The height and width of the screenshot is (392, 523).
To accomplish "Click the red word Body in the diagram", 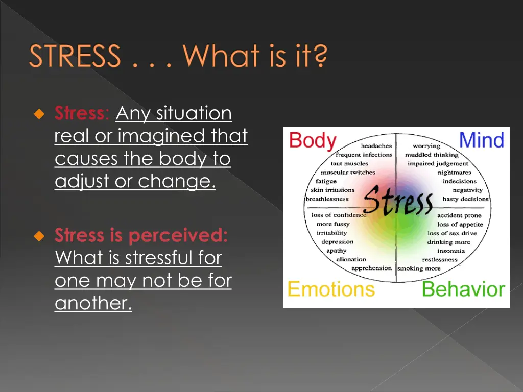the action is (313, 140).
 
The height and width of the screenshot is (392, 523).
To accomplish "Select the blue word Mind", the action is (481, 140).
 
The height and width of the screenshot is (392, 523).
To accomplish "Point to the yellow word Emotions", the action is (331, 289).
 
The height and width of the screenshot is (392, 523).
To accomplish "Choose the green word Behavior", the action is (463, 289).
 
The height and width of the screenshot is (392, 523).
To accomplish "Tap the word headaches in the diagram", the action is (376, 146).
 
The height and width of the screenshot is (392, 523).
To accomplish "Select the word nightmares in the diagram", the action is (454, 173).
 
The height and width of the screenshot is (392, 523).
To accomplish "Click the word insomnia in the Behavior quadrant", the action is (451, 251).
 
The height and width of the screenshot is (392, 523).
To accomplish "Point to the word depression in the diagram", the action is (337, 242).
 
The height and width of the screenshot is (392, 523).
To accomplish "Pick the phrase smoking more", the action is (419, 268).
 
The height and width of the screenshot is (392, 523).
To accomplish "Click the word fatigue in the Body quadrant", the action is (326, 181).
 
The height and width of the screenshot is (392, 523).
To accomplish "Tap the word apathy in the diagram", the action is (337, 251).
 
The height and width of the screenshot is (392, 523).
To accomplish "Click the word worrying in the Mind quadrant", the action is (426, 146).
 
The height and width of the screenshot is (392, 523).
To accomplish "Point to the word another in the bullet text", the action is (93, 303).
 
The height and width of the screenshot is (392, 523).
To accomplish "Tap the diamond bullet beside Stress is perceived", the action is (39, 236).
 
